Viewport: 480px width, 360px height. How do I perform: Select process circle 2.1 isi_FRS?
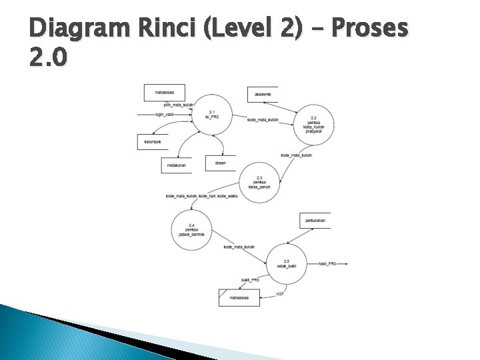tap(213, 115)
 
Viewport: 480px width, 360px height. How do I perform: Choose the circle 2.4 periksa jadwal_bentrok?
tap(192, 230)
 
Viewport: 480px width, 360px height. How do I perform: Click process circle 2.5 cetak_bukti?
tap(287, 263)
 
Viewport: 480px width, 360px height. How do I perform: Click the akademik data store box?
tap(263, 95)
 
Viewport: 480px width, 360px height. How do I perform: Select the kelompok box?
tap(153, 142)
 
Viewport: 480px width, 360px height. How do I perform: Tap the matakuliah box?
tap(176, 165)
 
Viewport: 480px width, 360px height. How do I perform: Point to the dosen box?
tap(221, 163)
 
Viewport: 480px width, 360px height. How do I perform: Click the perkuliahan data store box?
tap(315, 220)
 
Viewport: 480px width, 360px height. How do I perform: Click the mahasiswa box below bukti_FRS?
tap(239, 297)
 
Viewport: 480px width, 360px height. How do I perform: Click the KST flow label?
tap(280, 294)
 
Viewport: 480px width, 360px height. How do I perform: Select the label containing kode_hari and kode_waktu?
tap(201, 195)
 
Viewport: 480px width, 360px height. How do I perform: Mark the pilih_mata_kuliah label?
tap(178, 105)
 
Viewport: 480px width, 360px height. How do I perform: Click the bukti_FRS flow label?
tap(250, 280)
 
